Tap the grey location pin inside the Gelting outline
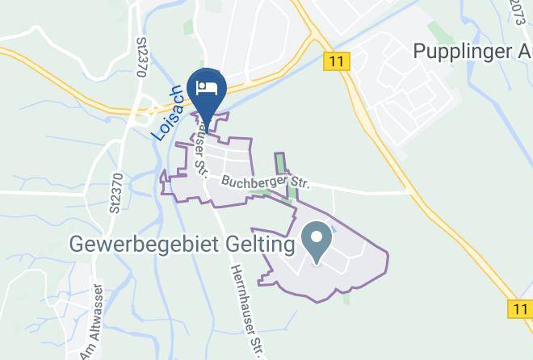[315, 241]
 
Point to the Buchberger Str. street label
[266, 183]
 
